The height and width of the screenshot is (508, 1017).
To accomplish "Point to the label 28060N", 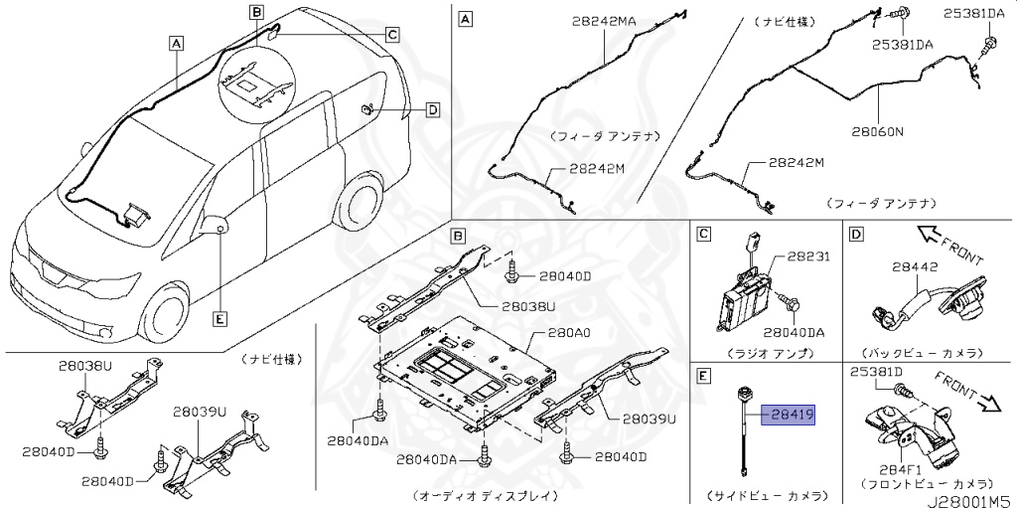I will (x=877, y=130).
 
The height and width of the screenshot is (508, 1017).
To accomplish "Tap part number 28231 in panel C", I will (x=805, y=256).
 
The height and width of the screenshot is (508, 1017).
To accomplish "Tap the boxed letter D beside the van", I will (x=432, y=109).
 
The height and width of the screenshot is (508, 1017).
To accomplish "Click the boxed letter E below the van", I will (x=219, y=319).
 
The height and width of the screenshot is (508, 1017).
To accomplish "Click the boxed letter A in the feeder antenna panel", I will (x=466, y=18).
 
